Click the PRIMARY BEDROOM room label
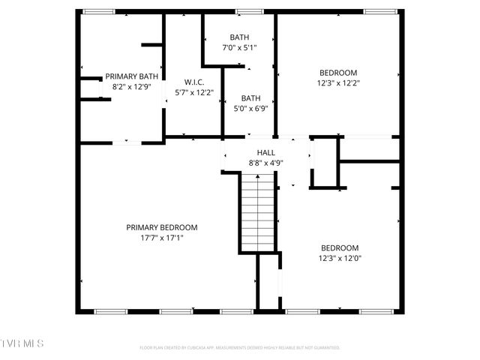pyautogui.click(x=161, y=227)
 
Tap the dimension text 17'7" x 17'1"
pyautogui.click(x=161, y=238)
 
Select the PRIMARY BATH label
pyautogui.click(x=131, y=76)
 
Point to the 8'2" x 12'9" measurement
pyautogui.click(x=131, y=86)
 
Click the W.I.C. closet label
pyautogui.click(x=194, y=82)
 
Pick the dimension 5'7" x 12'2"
pyautogui.click(x=194, y=93)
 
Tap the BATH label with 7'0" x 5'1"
pyautogui.click(x=239, y=37)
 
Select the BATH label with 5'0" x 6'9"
pyautogui.click(x=250, y=97)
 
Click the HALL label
pyautogui.click(x=266, y=152)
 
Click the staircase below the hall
pyautogui.click(x=257, y=213)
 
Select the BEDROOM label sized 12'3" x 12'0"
pyautogui.click(x=340, y=248)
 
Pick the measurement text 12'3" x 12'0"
pyautogui.click(x=340, y=259)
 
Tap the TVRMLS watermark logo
pyautogui.click(x=22, y=343)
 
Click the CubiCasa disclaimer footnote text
pyautogui.click(x=240, y=348)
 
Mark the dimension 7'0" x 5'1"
pyautogui.click(x=239, y=47)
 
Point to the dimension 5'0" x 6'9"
pyautogui.click(x=250, y=108)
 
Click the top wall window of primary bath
pyautogui.click(x=98, y=11)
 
